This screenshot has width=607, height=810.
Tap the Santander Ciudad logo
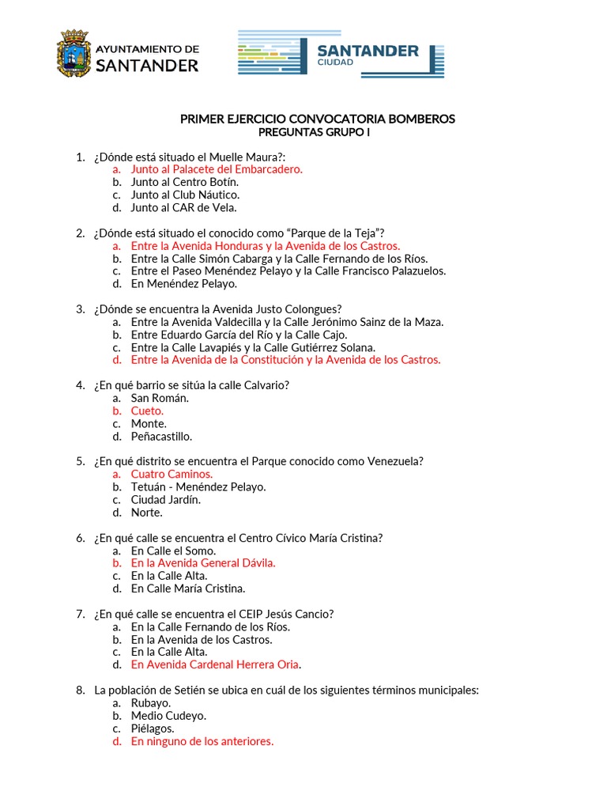(341, 54)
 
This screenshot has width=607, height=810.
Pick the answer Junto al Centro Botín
(185, 182)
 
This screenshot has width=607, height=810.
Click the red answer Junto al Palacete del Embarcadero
(217, 169)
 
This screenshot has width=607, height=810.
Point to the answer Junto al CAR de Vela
(183, 207)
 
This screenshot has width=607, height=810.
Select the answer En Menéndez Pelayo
(183, 283)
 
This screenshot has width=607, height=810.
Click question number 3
(81, 308)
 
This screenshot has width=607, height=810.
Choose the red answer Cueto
(147, 411)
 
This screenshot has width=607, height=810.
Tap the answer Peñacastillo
(161, 436)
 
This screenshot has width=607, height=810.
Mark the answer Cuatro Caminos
(172, 474)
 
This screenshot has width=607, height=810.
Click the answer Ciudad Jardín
(166, 499)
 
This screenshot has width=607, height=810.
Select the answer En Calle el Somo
(173, 551)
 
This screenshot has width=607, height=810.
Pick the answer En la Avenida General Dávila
(203, 563)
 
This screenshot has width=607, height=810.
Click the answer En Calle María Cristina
(188, 589)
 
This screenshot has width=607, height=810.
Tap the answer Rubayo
(151, 702)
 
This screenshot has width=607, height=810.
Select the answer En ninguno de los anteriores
(202, 741)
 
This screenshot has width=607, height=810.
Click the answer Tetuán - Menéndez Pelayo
(198, 486)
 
